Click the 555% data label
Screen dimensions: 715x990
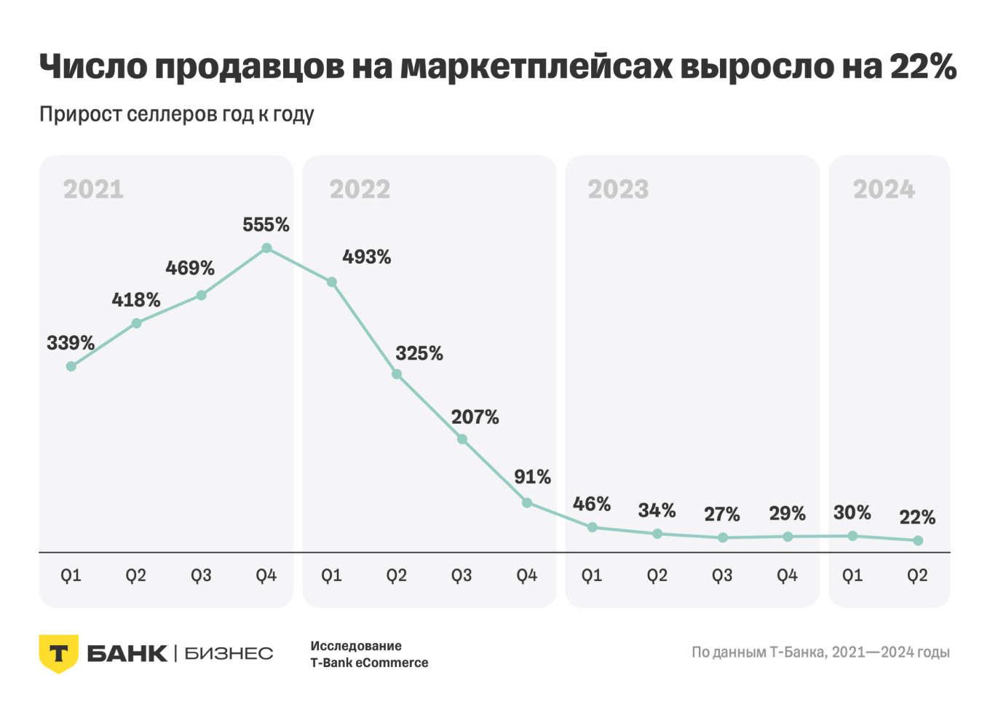click(x=266, y=225)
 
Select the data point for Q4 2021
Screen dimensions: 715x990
click(x=266, y=248)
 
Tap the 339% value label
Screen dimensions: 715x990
click(x=71, y=343)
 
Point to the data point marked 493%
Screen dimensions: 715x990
click(x=332, y=282)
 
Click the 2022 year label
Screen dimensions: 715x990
click(x=360, y=190)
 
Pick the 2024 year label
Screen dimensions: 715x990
click(x=884, y=190)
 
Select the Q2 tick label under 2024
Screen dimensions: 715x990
click(x=917, y=576)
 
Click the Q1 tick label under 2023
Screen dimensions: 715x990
click(x=592, y=576)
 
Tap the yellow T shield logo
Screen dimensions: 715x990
click(x=58, y=653)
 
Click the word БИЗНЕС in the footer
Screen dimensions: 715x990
click(x=229, y=654)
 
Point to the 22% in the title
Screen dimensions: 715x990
click(x=922, y=66)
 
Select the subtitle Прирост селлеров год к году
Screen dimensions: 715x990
click(x=177, y=115)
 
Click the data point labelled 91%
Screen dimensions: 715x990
click(x=527, y=502)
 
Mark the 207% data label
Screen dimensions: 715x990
click(x=475, y=417)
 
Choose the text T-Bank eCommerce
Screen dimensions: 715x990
click(x=369, y=663)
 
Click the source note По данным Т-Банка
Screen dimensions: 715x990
click(x=820, y=652)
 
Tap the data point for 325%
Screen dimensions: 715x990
click(x=397, y=374)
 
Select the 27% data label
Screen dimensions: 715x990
click(x=721, y=515)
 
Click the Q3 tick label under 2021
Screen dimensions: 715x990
click(x=201, y=576)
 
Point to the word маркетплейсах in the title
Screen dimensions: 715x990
click(x=536, y=66)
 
